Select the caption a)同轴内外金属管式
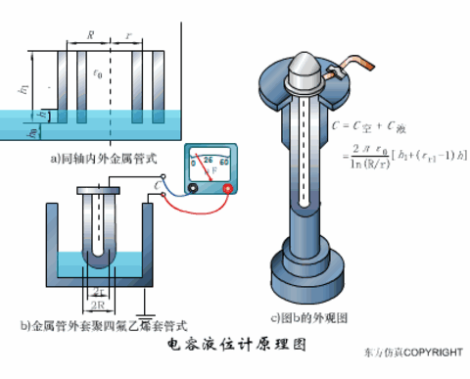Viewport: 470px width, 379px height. point(99,157)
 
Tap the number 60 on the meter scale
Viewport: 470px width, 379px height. point(224,161)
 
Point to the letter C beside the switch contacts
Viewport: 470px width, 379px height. point(158,183)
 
